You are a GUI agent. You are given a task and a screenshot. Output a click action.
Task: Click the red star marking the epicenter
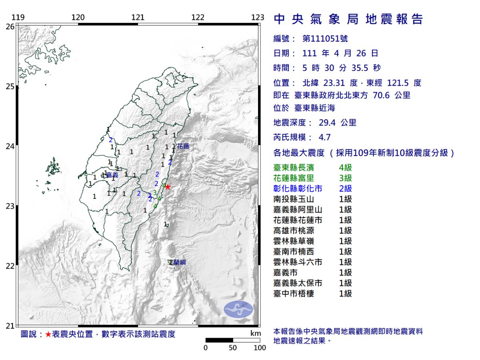(168, 187)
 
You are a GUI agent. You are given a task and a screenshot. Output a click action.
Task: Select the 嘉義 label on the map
(112, 175)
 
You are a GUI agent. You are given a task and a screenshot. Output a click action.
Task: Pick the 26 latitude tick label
(10, 26)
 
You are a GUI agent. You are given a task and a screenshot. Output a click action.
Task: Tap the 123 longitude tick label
(258, 18)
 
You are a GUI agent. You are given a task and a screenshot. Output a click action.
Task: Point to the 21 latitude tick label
(10, 326)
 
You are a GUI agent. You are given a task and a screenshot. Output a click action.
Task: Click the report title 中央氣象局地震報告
(348, 19)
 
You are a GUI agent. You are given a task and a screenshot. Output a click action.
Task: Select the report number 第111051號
(325, 39)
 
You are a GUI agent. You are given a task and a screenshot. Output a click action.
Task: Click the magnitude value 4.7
(324, 137)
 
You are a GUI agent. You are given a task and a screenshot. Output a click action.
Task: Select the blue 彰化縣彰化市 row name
(298, 188)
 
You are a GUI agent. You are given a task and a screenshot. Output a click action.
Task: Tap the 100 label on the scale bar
(260, 348)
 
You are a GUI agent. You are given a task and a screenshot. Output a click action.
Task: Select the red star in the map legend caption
(48, 334)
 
